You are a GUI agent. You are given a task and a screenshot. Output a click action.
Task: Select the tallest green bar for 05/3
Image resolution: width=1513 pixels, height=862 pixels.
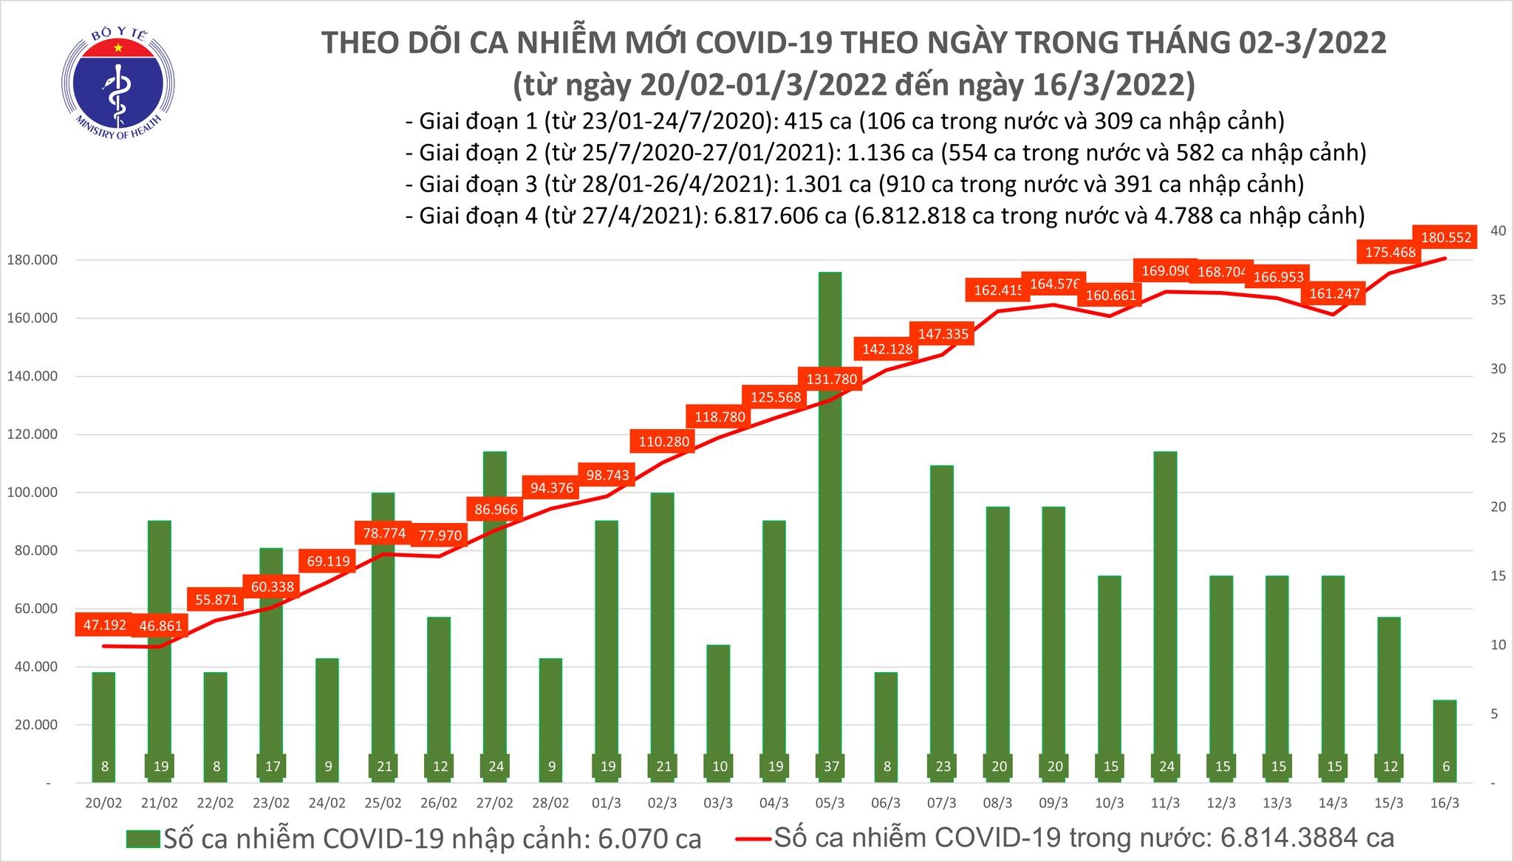pyautogui.click(x=831, y=517)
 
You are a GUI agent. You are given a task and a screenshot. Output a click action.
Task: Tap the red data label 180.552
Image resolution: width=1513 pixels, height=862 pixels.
pyautogui.click(x=1445, y=238)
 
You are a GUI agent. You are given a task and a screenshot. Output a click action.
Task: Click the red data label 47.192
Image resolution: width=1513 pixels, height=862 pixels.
pyautogui.click(x=104, y=625)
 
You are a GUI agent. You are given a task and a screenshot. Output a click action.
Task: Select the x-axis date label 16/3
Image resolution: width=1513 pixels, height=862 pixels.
pyautogui.click(x=1446, y=803)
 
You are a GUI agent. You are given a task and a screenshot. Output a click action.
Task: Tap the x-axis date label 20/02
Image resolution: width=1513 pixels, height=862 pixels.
pyautogui.click(x=104, y=803)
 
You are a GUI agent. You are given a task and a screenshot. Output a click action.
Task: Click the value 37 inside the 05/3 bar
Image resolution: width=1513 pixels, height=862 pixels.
pyautogui.click(x=831, y=767)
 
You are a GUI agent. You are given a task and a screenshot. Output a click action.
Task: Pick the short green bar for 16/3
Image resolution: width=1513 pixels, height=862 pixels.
pyautogui.click(x=1446, y=739)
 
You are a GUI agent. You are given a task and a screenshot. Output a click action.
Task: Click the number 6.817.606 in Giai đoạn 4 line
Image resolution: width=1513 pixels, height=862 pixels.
pyautogui.click(x=773, y=216)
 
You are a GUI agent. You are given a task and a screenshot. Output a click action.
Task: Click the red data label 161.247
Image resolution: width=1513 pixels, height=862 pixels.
pyautogui.click(x=1333, y=293)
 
